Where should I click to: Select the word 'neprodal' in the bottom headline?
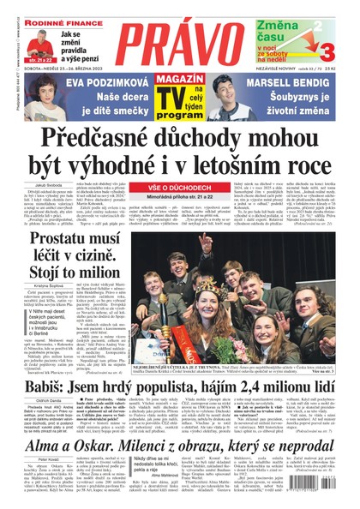coord(301,440)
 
